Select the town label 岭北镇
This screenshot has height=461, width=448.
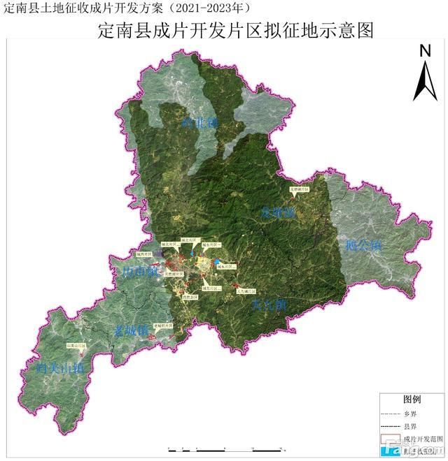200,122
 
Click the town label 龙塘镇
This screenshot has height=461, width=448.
278,212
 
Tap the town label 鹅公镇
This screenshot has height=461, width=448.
363,245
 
